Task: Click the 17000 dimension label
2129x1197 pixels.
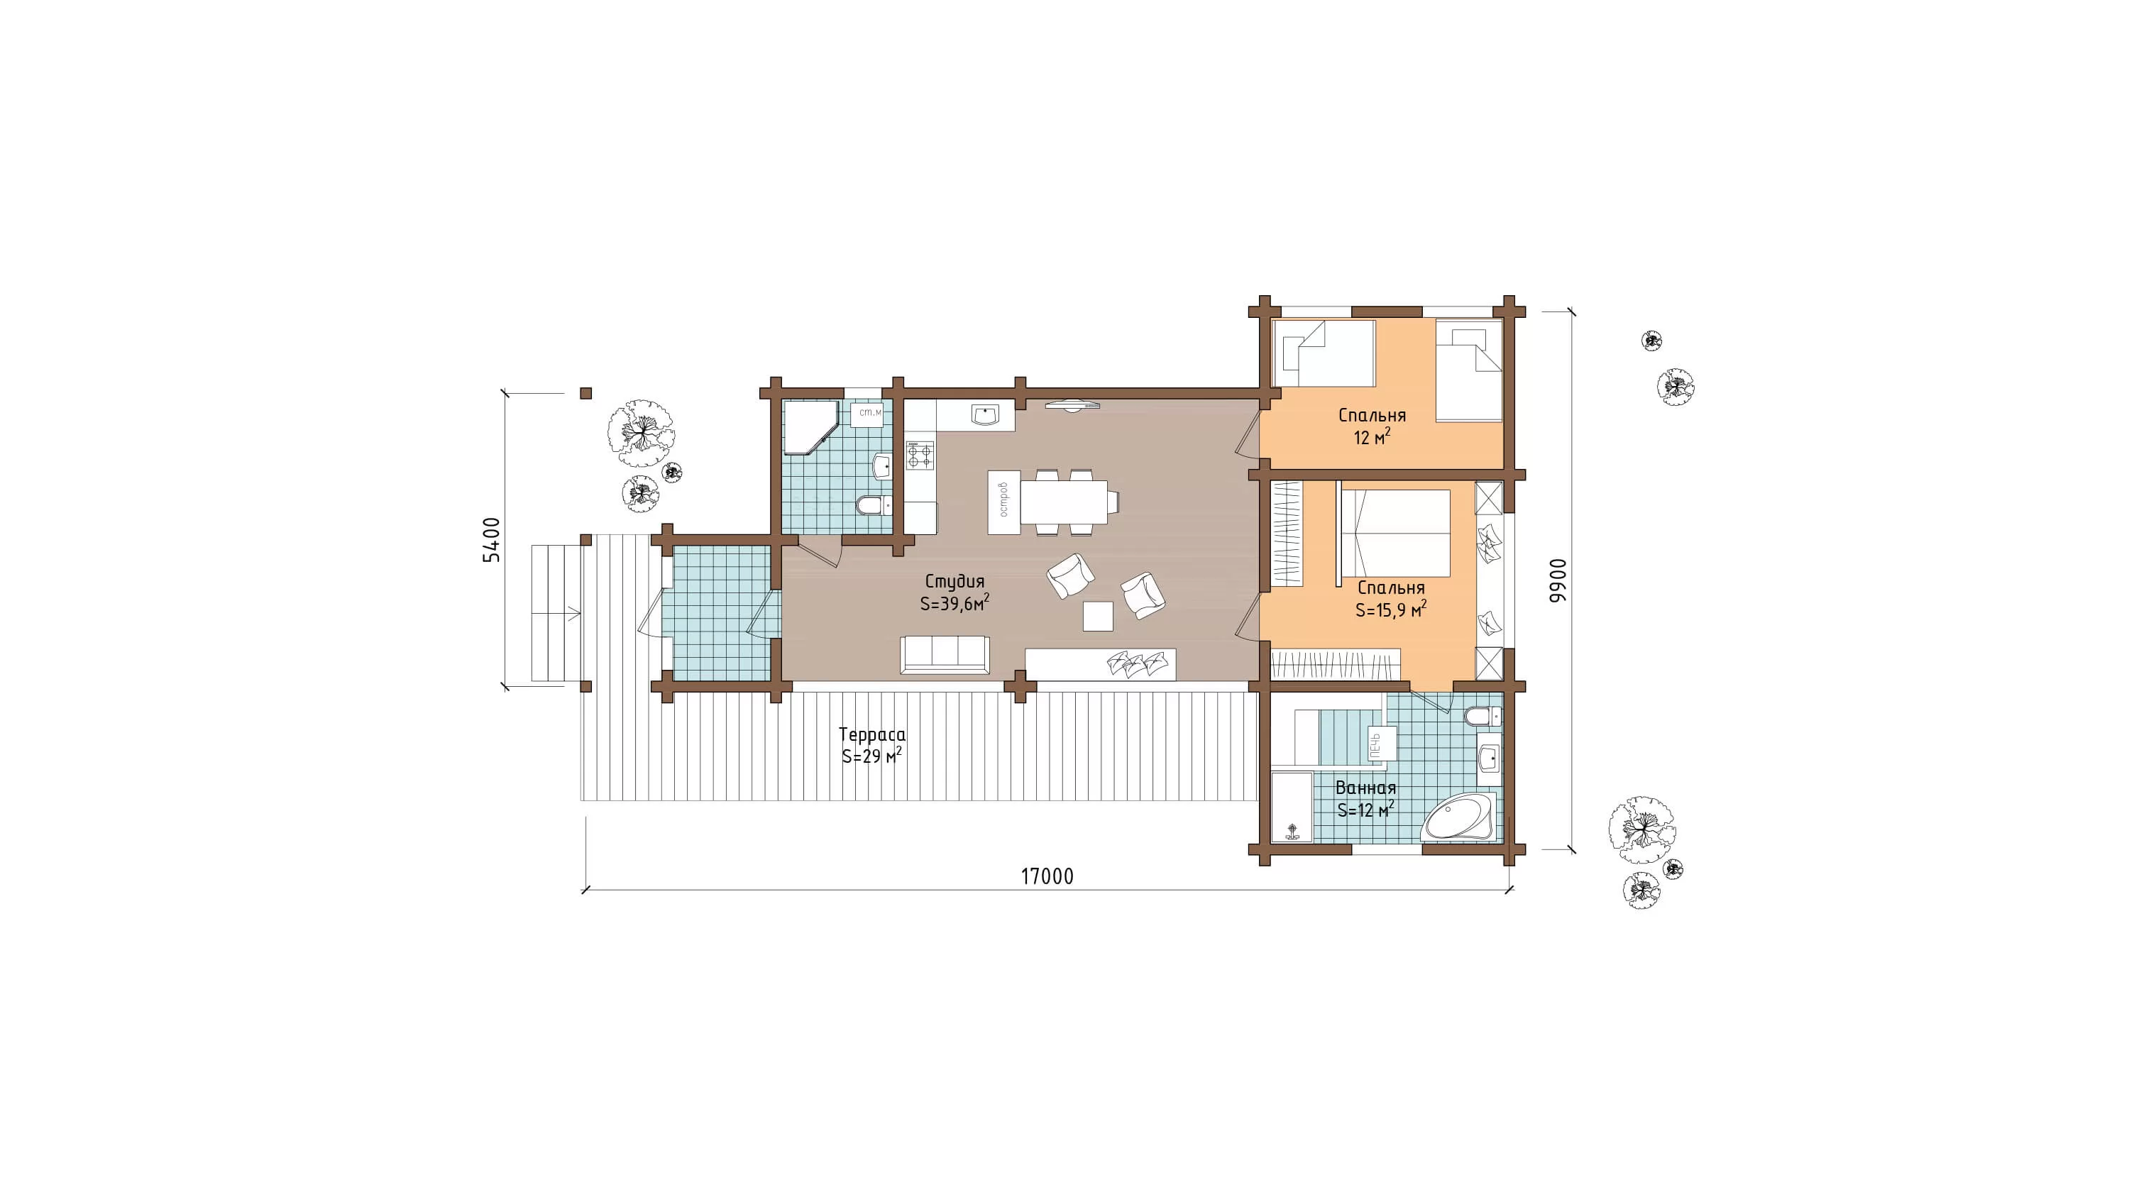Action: tap(1047, 876)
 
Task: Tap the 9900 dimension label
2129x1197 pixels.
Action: tap(1557, 580)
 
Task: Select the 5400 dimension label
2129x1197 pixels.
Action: tap(491, 540)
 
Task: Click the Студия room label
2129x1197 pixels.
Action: tap(955, 582)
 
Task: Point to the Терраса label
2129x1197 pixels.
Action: tap(872, 734)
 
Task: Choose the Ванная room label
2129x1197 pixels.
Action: tap(1365, 788)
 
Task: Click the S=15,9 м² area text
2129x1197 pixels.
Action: tap(1391, 609)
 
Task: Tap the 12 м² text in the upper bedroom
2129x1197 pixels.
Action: tap(1372, 437)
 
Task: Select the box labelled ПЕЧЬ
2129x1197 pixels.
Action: tap(1382, 744)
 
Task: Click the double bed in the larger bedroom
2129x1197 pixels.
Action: tap(1395, 533)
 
